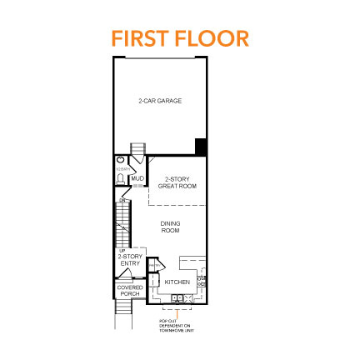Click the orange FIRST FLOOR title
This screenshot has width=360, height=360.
coord(179,39)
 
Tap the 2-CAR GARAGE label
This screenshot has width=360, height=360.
coord(172,101)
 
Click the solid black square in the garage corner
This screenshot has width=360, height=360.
coord(200,147)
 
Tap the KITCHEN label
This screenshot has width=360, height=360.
coord(177,282)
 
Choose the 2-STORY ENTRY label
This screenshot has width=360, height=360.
coord(128,260)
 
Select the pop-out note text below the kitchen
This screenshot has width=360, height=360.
coord(177,325)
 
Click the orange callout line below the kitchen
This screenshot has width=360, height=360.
coord(176,314)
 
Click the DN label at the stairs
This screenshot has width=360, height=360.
coord(122,201)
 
